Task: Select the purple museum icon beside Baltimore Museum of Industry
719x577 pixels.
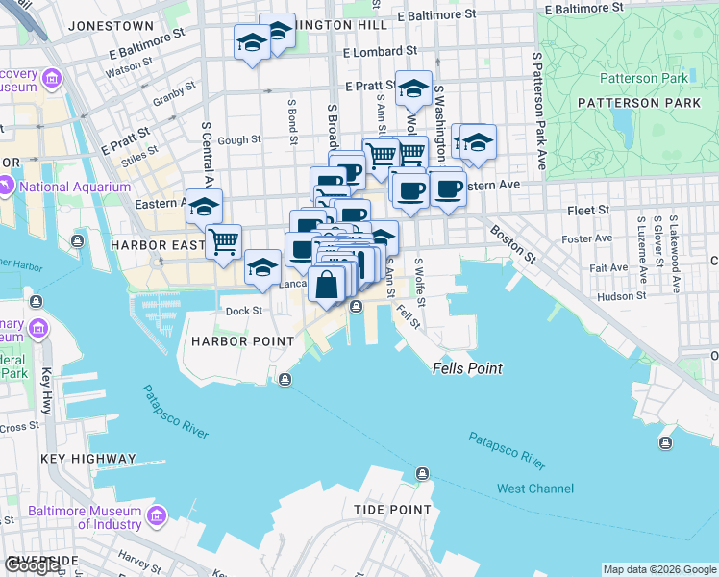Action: pos(158,517)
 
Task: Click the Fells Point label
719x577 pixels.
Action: pos(467,368)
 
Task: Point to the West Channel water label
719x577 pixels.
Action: pos(534,489)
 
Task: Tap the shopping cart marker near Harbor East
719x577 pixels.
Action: pos(224,241)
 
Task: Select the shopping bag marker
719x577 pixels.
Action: pos(327,285)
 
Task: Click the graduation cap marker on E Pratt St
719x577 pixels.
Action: pos(414,88)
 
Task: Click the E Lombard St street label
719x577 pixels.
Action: pos(379,51)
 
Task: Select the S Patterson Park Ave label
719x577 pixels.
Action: pos(538,111)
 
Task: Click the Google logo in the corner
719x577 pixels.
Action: pos(33,565)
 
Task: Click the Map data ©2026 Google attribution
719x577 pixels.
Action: pos(659,569)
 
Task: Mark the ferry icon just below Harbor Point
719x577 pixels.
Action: pos(285,380)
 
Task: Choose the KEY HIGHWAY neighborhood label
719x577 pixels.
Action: pos(89,459)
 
